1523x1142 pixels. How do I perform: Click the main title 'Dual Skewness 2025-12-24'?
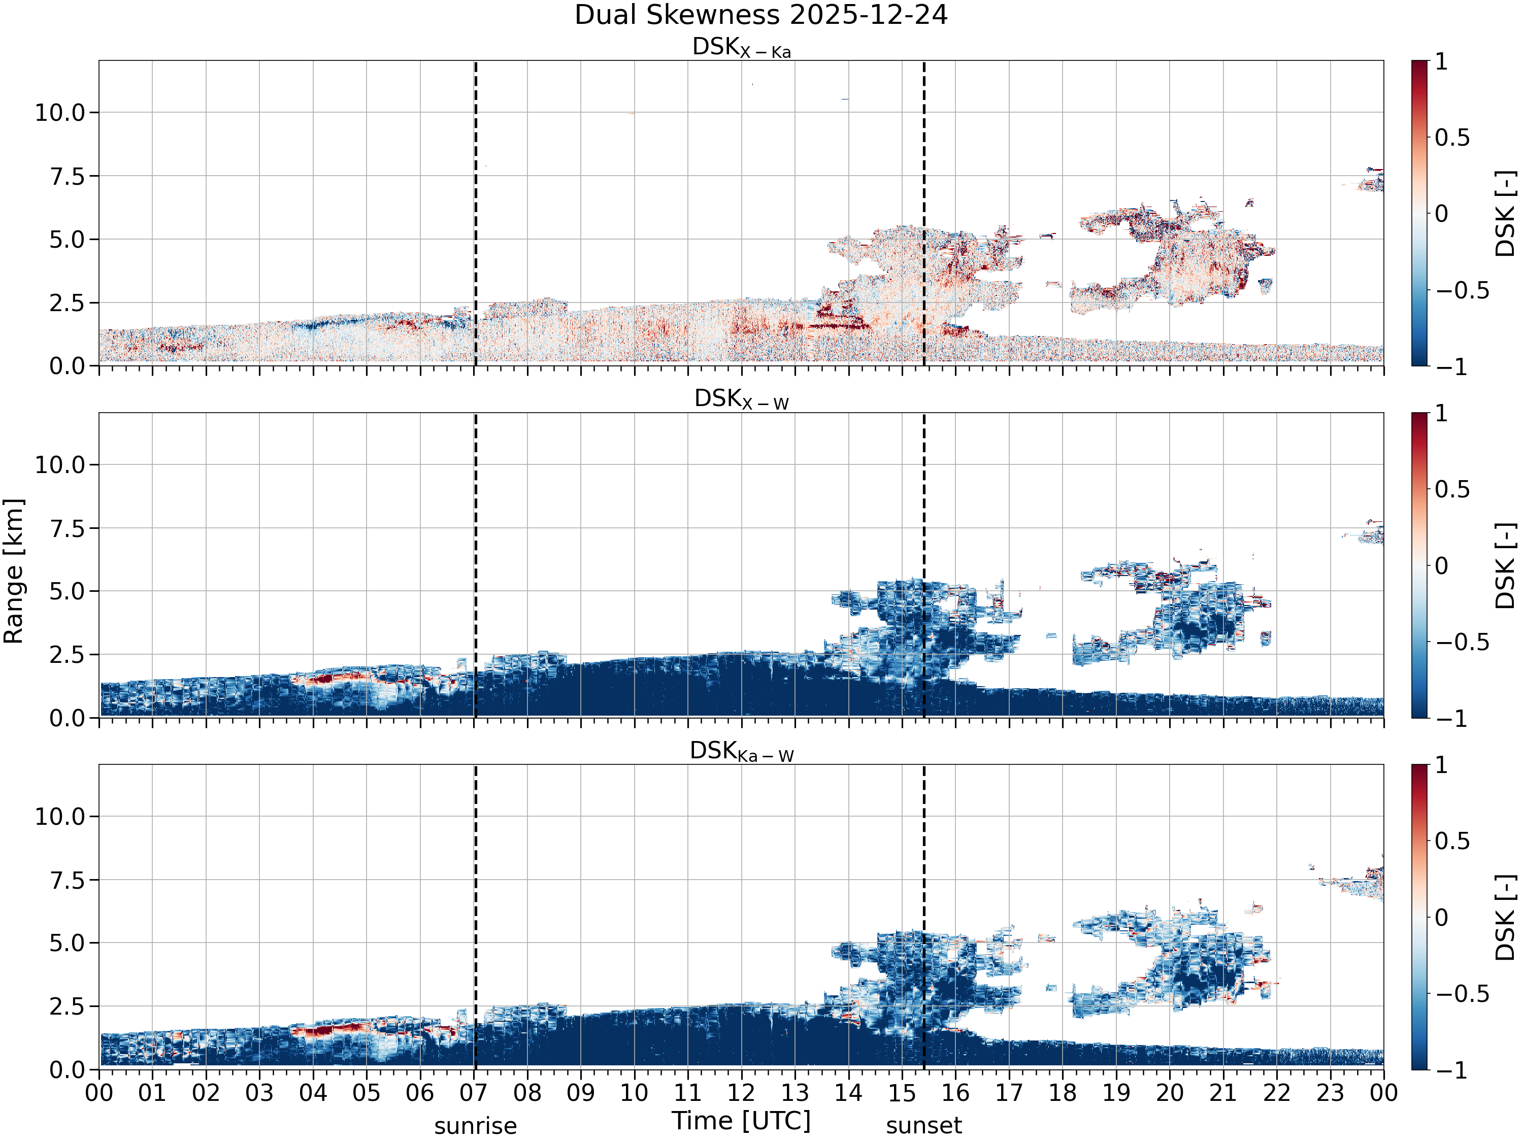[x=761, y=15]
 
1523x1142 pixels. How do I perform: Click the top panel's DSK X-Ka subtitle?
[x=742, y=48]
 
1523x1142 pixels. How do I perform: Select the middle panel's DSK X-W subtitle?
[x=742, y=399]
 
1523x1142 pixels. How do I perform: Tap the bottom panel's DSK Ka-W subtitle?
[x=742, y=751]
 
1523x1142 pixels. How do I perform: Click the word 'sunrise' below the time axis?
[x=475, y=1125]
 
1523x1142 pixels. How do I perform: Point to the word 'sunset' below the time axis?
[x=924, y=1125]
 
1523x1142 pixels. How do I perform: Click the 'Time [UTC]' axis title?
[x=742, y=1121]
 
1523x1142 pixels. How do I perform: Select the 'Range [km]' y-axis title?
[x=14, y=572]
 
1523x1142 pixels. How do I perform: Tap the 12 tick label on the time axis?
[x=742, y=1092]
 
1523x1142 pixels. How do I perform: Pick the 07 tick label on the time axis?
[x=474, y=1092]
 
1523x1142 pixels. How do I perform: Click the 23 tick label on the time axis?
[x=1330, y=1092]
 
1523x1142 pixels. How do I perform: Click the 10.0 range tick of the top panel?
[x=60, y=112]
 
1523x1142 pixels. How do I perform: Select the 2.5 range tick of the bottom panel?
[x=67, y=1006]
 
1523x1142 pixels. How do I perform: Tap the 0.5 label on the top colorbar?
[x=1453, y=138]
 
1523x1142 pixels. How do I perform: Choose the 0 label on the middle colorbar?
[x=1442, y=566]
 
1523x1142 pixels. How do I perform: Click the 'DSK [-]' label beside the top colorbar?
[x=1505, y=213]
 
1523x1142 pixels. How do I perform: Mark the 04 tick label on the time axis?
[x=313, y=1092]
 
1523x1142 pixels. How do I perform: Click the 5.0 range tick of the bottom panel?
[x=67, y=943]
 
